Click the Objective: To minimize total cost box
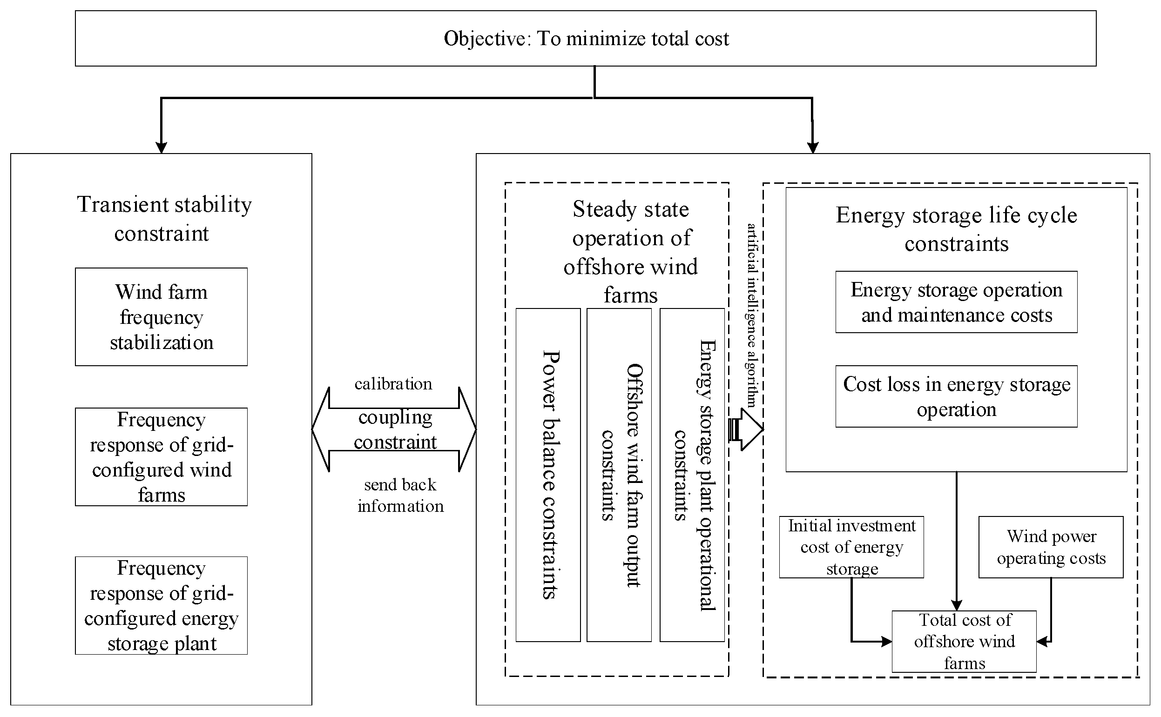tap(586, 39)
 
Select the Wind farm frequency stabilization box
tap(162, 317)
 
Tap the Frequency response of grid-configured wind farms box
tap(162, 456)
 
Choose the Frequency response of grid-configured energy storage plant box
tap(162, 605)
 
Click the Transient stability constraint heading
tap(164, 219)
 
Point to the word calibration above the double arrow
tap(393, 384)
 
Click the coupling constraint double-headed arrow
tap(394, 429)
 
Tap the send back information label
tap(400, 495)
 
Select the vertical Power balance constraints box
tap(548, 475)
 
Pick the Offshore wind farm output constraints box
tap(619, 475)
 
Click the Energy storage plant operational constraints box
tap(692, 475)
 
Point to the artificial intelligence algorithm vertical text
tap(751, 315)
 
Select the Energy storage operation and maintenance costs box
tap(956, 302)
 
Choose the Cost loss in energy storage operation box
tap(956, 396)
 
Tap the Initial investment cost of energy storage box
tap(851, 547)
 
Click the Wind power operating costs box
tap(1051, 547)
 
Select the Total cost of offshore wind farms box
tap(964, 641)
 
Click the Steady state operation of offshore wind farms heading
tap(630, 252)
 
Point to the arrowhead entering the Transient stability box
tap(162, 147)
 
